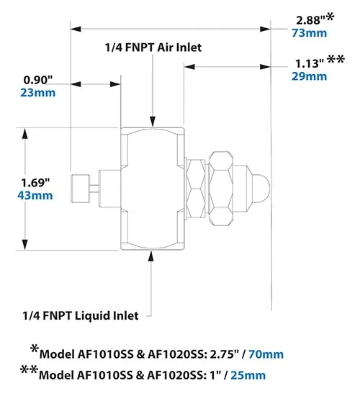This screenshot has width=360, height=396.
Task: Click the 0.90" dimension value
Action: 38,78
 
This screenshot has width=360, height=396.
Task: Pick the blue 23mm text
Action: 39,92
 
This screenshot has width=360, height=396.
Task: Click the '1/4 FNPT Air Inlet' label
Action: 150,47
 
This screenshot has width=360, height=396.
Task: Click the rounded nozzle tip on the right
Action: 264,189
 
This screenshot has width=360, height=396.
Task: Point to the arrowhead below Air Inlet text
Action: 150,121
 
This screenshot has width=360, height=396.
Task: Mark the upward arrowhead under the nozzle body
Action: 150,256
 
